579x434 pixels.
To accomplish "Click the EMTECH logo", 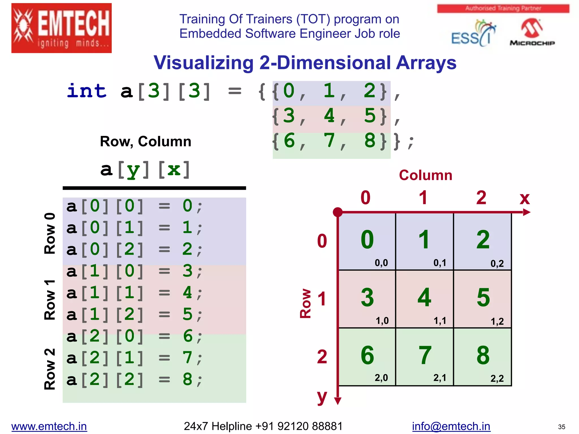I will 61,28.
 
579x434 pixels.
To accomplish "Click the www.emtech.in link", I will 49,426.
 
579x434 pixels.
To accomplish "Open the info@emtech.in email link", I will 451,426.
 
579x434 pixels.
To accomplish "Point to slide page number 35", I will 561,427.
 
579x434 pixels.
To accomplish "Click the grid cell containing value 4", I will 424,299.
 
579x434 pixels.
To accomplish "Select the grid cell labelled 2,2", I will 483,357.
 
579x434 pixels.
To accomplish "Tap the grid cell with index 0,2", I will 483,241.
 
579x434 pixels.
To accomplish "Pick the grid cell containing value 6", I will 367,357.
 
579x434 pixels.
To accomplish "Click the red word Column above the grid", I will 425,175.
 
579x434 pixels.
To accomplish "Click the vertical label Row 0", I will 50,233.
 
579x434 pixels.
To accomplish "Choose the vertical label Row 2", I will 50,369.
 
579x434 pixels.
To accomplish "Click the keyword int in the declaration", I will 87,91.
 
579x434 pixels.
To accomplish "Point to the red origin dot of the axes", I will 338,212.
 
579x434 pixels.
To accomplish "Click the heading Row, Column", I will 146,141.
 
